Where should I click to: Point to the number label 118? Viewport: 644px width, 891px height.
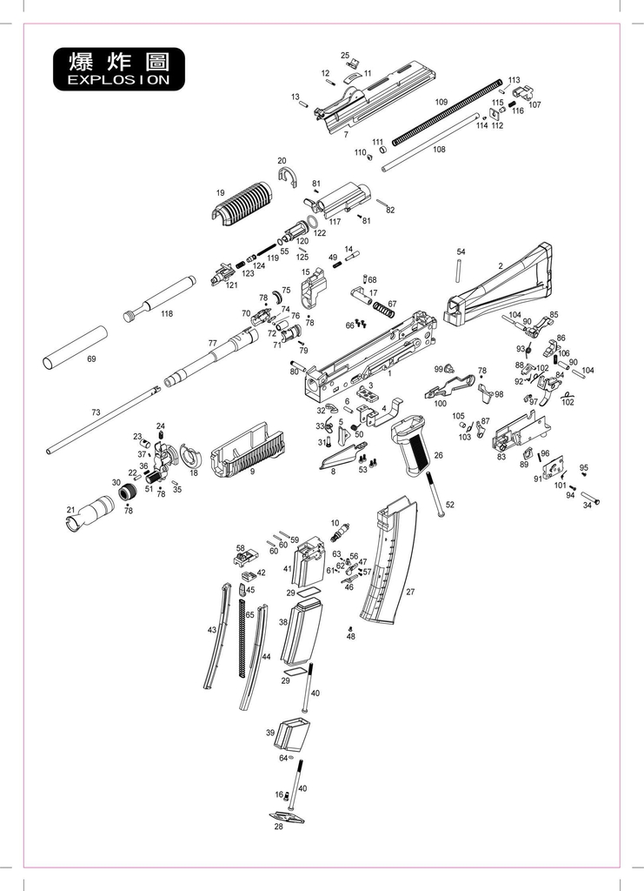(166, 314)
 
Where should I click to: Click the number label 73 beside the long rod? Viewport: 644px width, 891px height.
(96, 412)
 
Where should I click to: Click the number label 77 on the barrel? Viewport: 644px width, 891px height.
(212, 344)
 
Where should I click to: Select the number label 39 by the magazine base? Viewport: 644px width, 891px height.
(270, 733)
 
